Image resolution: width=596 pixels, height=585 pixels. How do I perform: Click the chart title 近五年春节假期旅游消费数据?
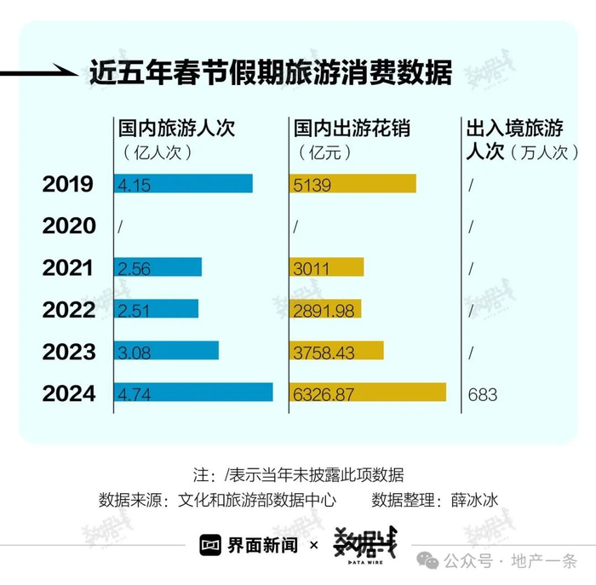271,72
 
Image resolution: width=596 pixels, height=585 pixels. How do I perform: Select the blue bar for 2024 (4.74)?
193,393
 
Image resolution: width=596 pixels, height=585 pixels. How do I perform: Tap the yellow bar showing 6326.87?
369,393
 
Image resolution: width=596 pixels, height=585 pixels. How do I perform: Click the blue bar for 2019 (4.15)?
183,184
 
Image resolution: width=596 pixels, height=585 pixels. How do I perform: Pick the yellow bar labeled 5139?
353,184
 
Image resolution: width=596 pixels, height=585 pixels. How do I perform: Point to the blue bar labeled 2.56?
158,267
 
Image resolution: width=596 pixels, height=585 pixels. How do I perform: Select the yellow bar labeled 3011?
328,267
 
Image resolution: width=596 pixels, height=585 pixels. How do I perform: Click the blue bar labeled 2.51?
156,309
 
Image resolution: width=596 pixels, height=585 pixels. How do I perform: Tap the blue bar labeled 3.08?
166,351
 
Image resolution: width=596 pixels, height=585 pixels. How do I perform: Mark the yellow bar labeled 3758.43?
337,351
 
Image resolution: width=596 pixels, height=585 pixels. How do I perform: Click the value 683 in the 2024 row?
482,394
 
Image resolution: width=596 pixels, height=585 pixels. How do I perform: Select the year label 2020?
67,226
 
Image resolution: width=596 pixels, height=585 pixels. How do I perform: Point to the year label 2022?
67,309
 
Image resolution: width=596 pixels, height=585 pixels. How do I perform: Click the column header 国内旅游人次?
176,129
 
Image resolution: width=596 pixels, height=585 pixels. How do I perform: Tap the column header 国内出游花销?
352,129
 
